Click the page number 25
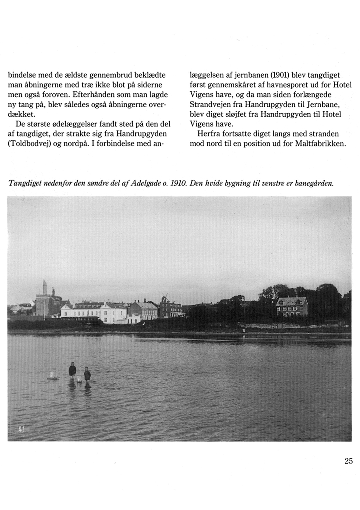[x=348, y=461]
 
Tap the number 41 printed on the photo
[x=21, y=429]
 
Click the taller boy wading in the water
[x=73, y=371]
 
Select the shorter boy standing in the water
[x=87, y=375]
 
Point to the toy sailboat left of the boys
[x=52, y=376]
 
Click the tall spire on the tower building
[x=44, y=287]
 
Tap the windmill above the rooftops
[x=165, y=298]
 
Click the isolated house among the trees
[x=292, y=306]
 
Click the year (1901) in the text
[x=268, y=75]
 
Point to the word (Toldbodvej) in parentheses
[x=28, y=144]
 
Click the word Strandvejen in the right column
[x=211, y=105]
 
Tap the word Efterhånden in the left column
[x=94, y=95]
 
